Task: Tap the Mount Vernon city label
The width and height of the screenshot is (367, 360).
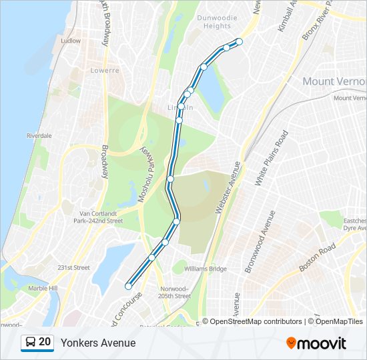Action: pyautogui.click(x=334, y=81)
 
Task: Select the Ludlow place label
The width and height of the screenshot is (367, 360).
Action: pyautogui.click(x=70, y=41)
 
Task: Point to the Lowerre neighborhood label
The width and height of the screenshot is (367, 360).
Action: pyautogui.click(x=105, y=70)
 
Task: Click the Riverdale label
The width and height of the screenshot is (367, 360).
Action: pyautogui.click(x=39, y=135)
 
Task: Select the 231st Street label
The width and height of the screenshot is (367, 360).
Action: pyautogui.click(x=73, y=268)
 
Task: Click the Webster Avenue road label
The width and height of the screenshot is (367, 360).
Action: pyautogui.click(x=227, y=187)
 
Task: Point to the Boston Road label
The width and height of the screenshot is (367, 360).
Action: pyautogui.click(x=317, y=258)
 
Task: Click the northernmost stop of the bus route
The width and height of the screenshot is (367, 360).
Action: pyautogui.click(x=239, y=42)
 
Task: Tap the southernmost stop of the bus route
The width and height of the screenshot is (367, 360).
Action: pyautogui.click(x=128, y=286)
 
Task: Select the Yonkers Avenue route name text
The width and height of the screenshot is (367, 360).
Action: pyautogui.click(x=98, y=343)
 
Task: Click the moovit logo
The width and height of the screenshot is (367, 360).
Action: pyautogui.click(x=316, y=343)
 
